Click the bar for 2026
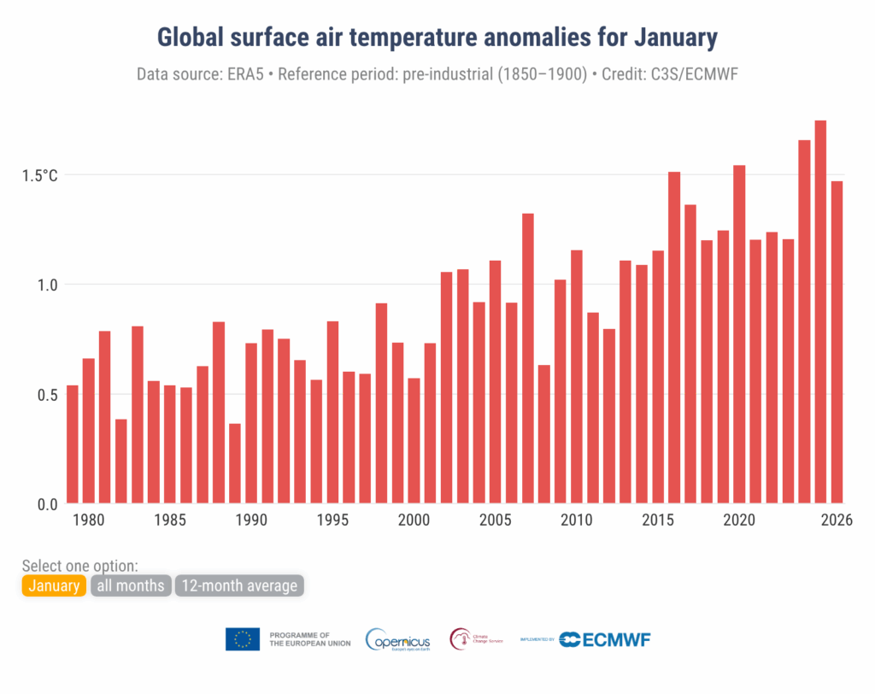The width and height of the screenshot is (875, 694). [837, 342]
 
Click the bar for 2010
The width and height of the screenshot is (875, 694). [576, 377]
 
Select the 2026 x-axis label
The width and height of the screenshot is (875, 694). [837, 520]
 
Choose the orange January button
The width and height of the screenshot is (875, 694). [54, 585]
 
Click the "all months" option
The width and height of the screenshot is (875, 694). [130, 585]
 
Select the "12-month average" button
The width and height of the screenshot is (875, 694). [239, 585]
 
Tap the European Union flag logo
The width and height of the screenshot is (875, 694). [243, 639]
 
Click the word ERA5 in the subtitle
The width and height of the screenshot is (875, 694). [250, 74]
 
